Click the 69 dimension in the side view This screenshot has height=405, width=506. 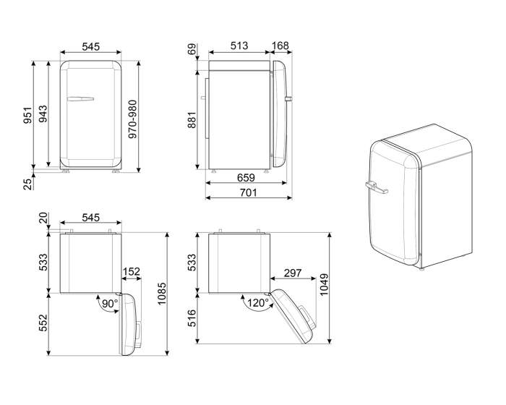point(192,50)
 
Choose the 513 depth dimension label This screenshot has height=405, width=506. point(239,46)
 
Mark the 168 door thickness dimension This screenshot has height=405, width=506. point(280,46)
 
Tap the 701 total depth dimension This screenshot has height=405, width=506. point(248,193)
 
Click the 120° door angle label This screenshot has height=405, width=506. point(254,303)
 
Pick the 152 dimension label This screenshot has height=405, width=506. point(131,273)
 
